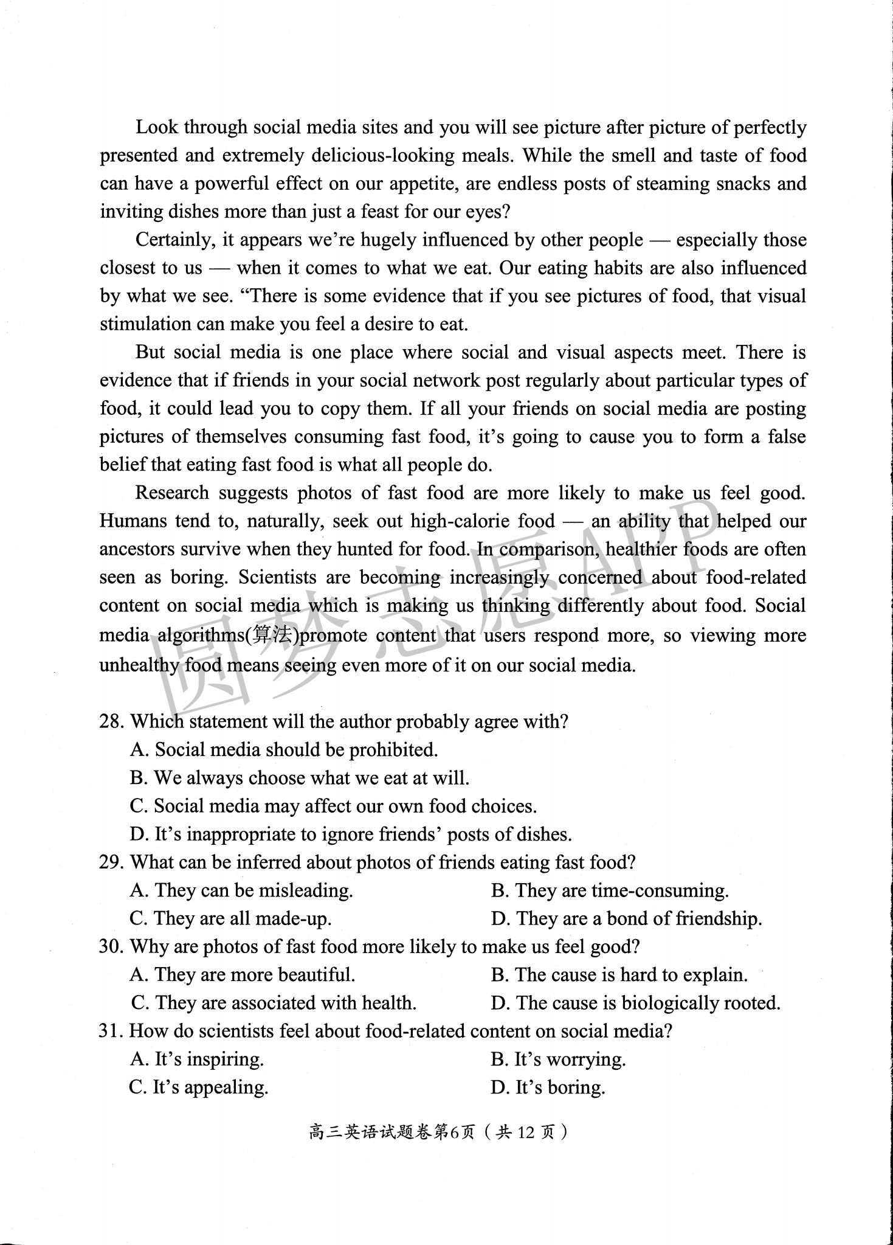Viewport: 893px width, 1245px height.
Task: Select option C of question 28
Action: pyautogui.click(x=333, y=806)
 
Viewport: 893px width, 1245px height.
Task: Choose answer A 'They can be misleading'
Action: pyautogui.click(x=241, y=890)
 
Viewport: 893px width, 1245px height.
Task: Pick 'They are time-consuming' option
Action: pyautogui.click(x=610, y=890)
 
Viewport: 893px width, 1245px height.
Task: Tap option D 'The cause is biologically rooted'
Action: pyautogui.click(x=635, y=1003)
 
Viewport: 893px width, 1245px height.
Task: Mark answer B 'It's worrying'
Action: pyautogui.click(x=558, y=1059)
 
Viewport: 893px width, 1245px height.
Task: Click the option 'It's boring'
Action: pyautogui.click(x=548, y=1087)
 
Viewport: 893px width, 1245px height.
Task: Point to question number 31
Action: pyautogui.click(x=111, y=1031)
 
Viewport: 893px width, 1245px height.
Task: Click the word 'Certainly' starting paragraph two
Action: pyautogui.click(x=174, y=240)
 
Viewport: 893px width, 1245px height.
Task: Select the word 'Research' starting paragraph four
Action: pyautogui.click(x=171, y=492)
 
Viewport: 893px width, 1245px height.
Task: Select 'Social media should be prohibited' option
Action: pyautogui.click(x=284, y=750)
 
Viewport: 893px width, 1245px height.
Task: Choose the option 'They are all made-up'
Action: pyautogui.click(x=231, y=918)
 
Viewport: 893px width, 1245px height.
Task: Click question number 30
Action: pyautogui.click(x=112, y=947)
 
